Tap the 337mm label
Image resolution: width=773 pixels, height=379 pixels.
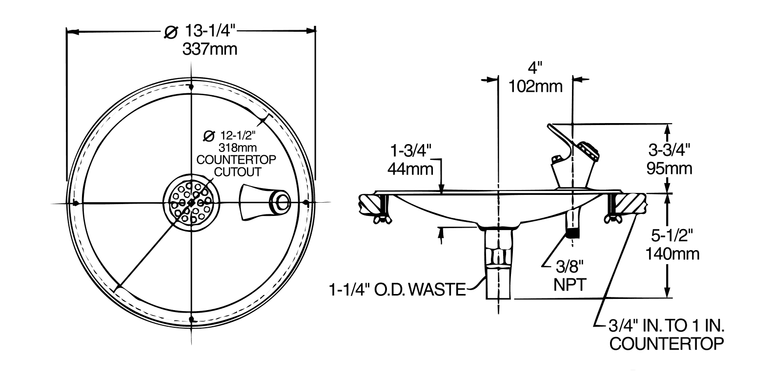click(210, 49)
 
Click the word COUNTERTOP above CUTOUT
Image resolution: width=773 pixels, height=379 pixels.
click(236, 160)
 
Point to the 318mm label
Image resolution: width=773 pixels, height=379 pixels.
click(238, 147)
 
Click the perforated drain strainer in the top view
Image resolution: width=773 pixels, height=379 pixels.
click(191, 203)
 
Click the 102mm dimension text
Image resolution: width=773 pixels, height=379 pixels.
click(535, 86)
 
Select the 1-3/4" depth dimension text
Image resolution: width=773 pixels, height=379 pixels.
click(411, 150)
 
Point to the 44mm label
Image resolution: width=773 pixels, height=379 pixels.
click(410, 169)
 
